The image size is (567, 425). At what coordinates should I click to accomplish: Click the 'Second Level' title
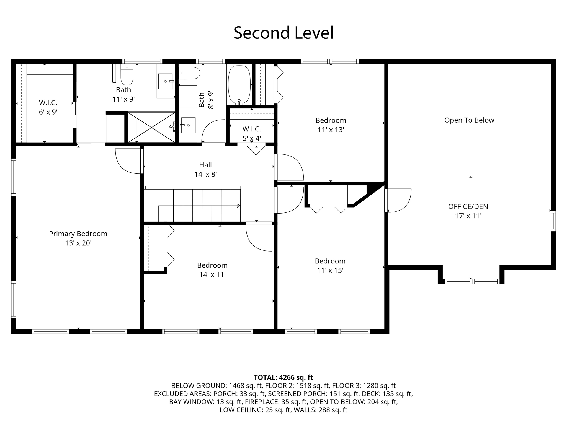click(x=283, y=33)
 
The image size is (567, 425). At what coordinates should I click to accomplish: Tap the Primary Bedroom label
click(x=78, y=234)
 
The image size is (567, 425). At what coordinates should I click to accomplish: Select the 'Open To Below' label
click(x=469, y=120)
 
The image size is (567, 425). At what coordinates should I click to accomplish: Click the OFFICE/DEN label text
click(x=468, y=206)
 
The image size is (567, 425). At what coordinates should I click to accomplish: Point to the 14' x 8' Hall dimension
click(x=205, y=174)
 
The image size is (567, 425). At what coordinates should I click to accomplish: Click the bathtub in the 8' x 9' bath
click(x=239, y=85)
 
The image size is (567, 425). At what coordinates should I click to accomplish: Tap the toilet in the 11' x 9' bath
click(x=127, y=74)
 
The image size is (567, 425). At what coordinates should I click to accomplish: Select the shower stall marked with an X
click(x=151, y=127)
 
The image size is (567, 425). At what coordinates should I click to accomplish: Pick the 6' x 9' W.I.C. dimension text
click(x=48, y=112)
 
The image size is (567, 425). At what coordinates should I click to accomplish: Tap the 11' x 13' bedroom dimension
click(x=331, y=130)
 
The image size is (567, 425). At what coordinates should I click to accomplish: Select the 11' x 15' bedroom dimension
click(x=330, y=270)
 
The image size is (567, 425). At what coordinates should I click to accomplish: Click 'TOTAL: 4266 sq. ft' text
click(x=283, y=377)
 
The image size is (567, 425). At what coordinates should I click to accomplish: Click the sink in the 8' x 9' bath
click(x=188, y=125)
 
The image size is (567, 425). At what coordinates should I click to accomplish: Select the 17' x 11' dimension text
click(x=468, y=216)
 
